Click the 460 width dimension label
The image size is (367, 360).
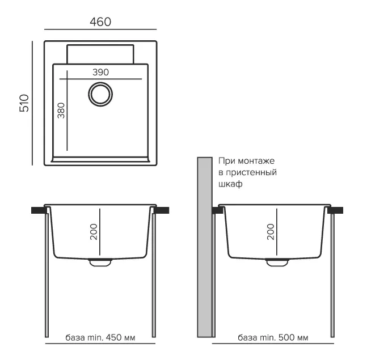click(x=100, y=22)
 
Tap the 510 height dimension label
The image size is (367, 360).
click(x=24, y=103)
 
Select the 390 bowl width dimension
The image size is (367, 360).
click(x=100, y=72)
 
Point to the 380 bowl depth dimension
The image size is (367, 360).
click(x=61, y=111)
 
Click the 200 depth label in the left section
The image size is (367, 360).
click(x=94, y=231)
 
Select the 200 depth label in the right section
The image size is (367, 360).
click(x=271, y=231)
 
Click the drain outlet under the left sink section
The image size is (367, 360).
click(x=100, y=262)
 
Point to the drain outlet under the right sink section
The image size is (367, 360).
click(x=277, y=262)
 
